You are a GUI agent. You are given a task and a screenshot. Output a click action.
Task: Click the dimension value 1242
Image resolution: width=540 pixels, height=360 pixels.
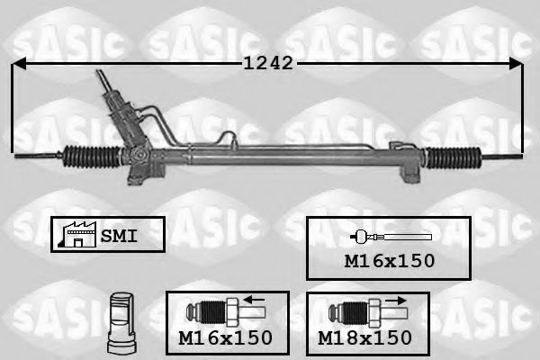tap(268, 63)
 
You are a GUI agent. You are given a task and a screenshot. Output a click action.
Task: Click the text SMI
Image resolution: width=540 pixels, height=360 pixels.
tap(118, 236)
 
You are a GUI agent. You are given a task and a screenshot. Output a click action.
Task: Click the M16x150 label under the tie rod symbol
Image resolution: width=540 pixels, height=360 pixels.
tap(389, 261)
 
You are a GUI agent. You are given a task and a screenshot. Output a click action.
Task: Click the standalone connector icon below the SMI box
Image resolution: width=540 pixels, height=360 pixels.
tap(121, 319)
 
